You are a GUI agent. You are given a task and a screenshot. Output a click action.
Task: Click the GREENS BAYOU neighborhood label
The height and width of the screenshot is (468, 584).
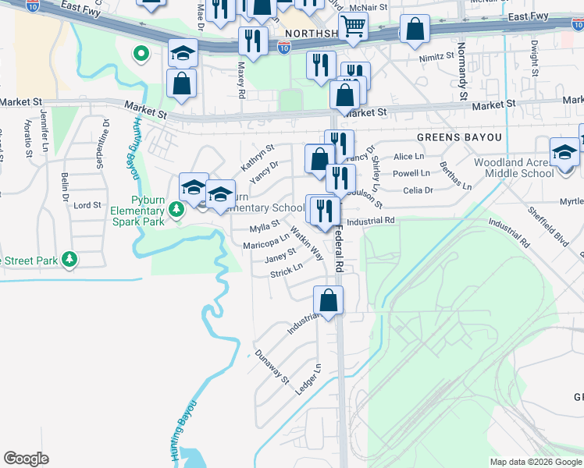point(458,137)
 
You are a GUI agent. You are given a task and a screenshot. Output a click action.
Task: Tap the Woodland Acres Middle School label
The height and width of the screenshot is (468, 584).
point(514,168)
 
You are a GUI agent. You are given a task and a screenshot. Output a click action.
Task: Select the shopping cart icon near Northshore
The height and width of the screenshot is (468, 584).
point(354,25)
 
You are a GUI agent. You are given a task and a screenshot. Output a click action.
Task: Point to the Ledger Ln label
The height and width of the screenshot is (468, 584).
point(309,378)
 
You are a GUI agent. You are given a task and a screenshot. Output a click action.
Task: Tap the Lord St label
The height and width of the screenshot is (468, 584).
point(87,205)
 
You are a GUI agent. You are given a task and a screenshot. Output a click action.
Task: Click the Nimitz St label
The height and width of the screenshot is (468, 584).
point(436,57)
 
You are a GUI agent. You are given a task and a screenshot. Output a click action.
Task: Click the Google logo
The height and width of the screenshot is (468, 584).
point(26,459)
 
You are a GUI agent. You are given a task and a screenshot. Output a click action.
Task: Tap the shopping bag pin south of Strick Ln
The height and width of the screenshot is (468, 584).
point(329,300)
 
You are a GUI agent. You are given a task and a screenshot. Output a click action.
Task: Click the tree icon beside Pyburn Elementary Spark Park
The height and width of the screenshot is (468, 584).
point(177,209)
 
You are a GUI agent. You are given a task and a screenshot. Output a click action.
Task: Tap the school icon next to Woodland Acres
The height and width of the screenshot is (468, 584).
point(564,151)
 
